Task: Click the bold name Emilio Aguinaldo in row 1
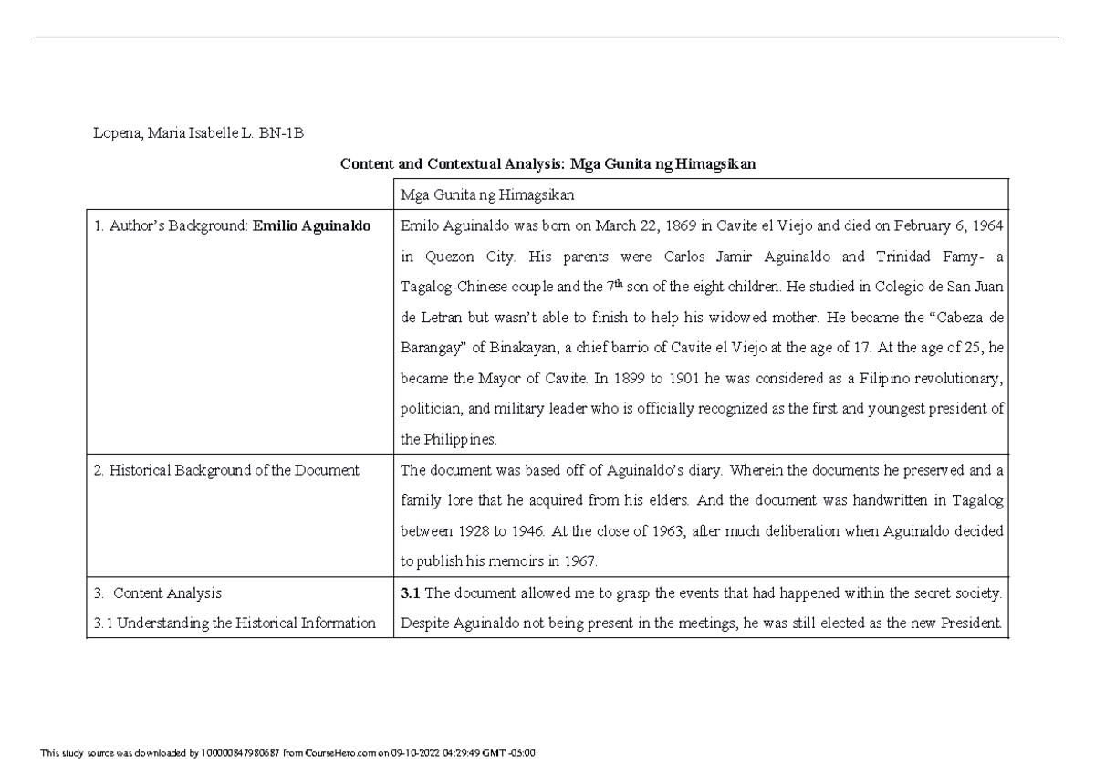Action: [312, 227]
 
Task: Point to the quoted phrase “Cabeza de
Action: [966, 318]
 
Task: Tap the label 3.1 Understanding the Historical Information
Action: [235, 623]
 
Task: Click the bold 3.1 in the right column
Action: [411, 593]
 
